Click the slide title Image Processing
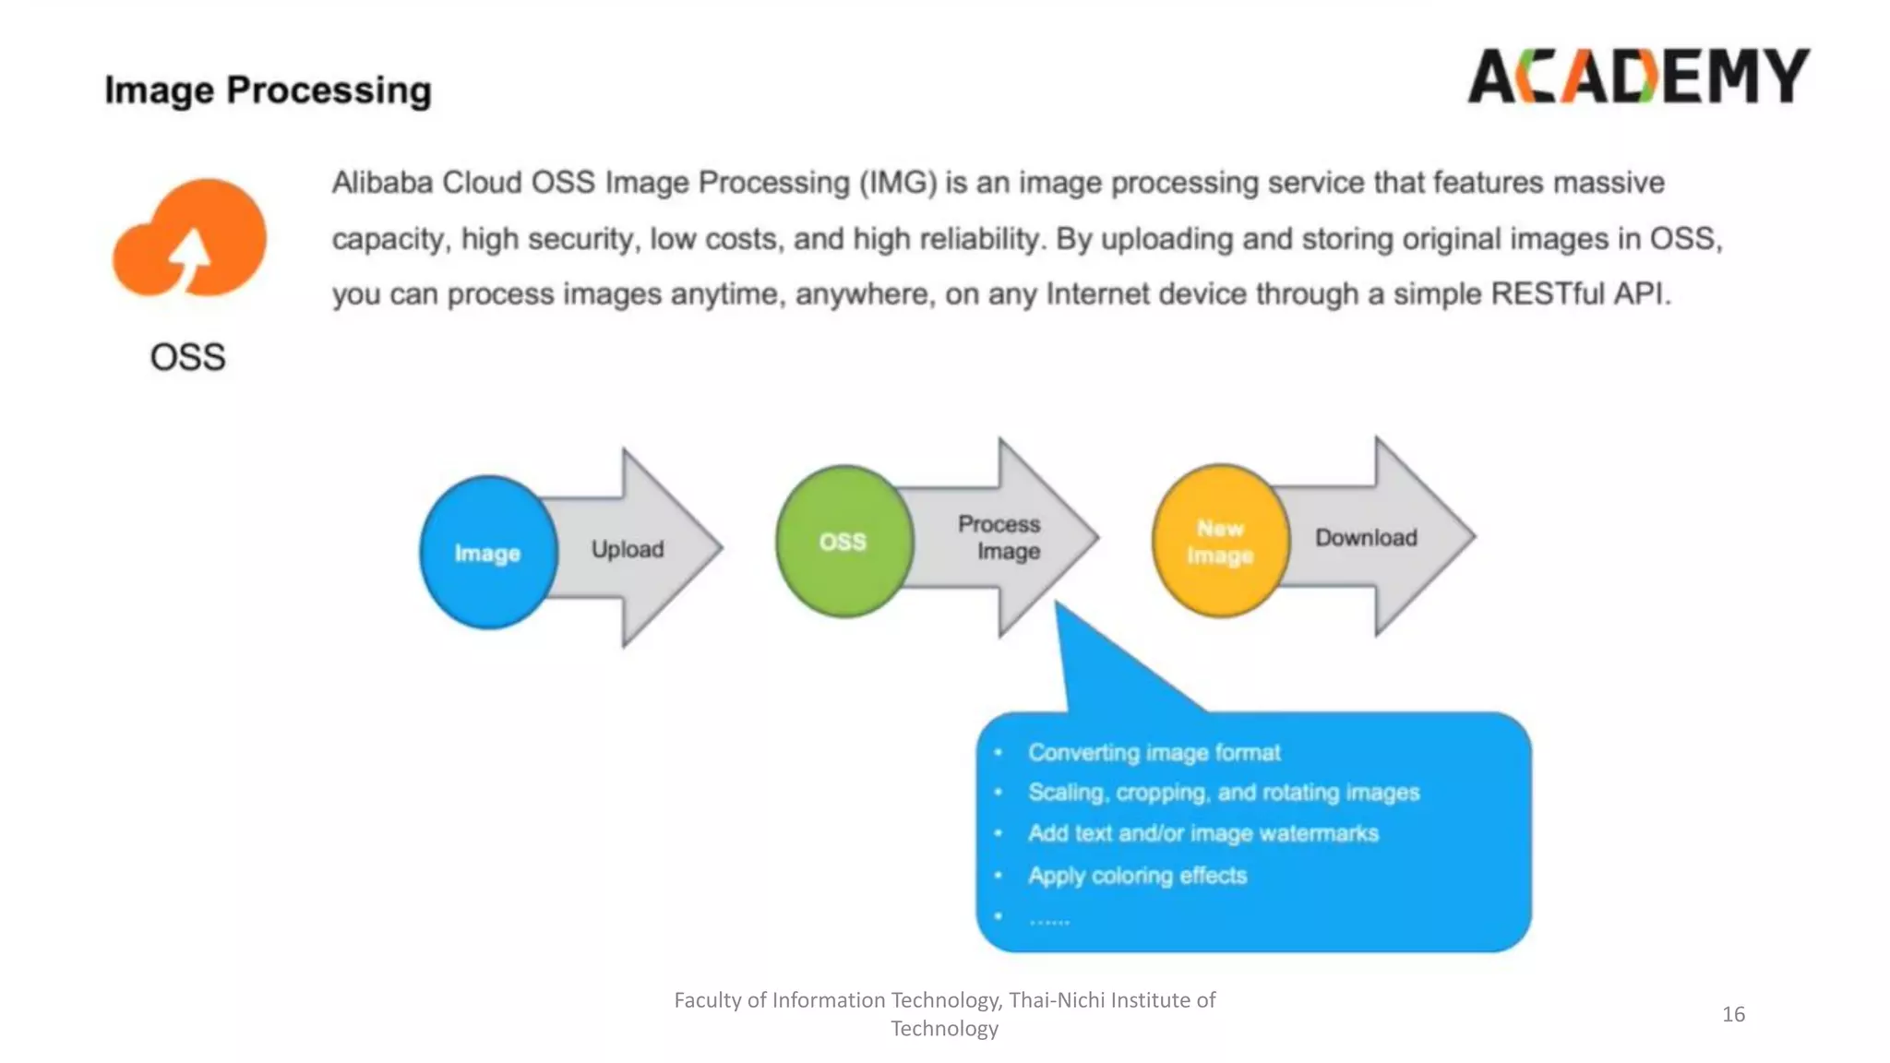pos(268,90)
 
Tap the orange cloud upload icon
pos(190,240)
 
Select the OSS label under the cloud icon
pos(187,357)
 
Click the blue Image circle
pos(487,553)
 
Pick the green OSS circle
pos(843,542)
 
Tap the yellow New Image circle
pos(1220,542)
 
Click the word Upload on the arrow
pos(628,550)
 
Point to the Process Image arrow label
pos(1000,537)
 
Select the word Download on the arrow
pos(1366,538)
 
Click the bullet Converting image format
pos(1154,753)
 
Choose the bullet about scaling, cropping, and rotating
pos(1223,793)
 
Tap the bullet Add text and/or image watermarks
pos(1202,833)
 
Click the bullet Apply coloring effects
pos(1137,876)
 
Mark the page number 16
pos(1733,1014)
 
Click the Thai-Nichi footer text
pos(944,1013)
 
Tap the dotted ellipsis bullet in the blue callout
pos(1049,919)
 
